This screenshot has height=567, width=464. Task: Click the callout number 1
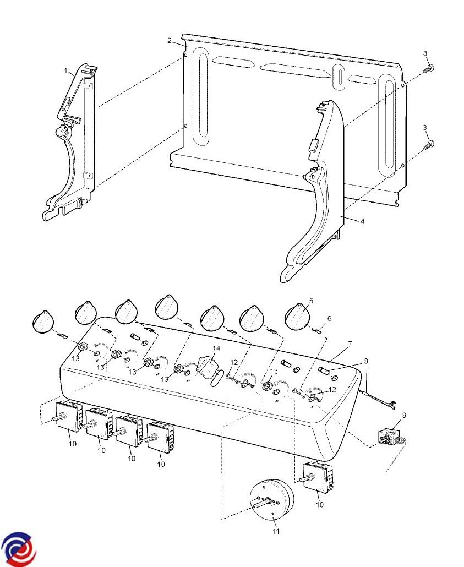pos(66,71)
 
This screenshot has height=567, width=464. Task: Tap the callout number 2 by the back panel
pos(170,41)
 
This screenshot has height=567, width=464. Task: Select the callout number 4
pos(362,221)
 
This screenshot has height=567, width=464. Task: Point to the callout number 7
pos(350,344)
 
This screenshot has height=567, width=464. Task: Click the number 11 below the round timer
pos(276,531)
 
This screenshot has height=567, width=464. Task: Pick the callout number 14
pos(216,348)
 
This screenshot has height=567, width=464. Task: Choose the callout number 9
pos(404,415)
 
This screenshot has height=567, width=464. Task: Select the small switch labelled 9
pos(391,437)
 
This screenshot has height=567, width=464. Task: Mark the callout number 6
pos(329,319)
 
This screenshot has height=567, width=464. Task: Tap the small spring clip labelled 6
pos(318,330)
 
